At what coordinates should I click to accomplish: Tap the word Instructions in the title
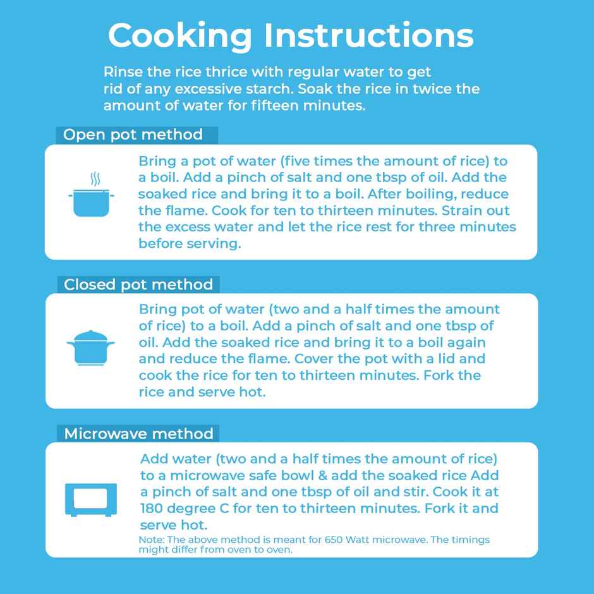point(368,35)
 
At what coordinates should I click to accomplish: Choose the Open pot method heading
point(133,135)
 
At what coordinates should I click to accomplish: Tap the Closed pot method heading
point(138,284)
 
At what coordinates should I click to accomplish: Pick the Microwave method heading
point(138,433)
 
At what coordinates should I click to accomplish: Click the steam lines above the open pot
point(95,179)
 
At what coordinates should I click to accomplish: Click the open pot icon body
point(91,203)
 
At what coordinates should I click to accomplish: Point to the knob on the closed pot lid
point(90,332)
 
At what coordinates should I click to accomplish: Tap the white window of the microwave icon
point(90,498)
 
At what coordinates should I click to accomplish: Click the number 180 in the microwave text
point(152,509)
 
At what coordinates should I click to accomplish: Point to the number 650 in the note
point(334,540)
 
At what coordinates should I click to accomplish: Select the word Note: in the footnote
point(152,540)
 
